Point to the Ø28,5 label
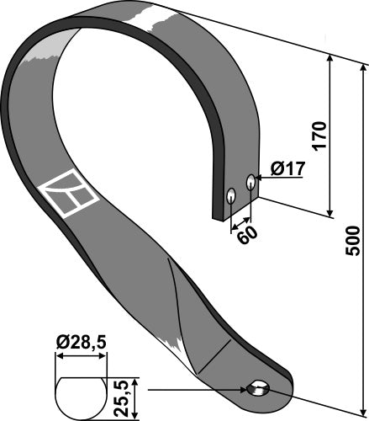82,342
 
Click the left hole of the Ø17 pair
229,196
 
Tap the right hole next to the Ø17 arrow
250,181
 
